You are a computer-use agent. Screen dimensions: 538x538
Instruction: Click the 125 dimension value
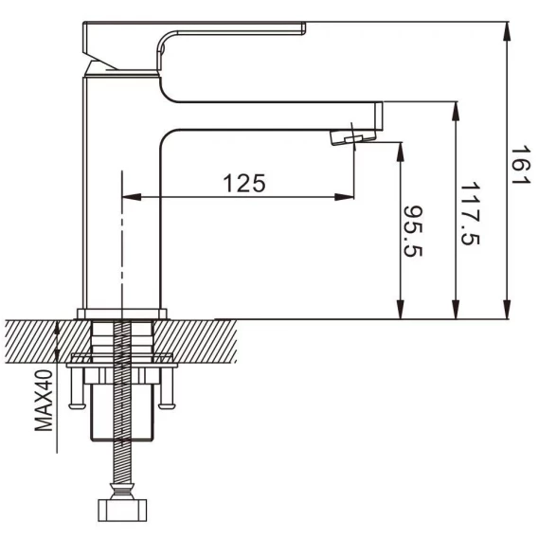click(244, 183)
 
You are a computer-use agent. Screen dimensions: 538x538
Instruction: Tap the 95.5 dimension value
click(412, 231)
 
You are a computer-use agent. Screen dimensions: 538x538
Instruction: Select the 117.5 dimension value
click(470, 214)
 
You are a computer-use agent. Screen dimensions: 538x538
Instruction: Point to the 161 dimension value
click(521, 166)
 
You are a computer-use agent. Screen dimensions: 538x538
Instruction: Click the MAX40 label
click(44, 400)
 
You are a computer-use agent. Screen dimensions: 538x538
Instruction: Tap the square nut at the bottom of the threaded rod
click(122, 510)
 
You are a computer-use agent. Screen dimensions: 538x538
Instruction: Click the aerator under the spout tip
click(353, 137)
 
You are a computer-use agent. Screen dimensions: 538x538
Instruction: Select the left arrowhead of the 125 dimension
click(132, 197)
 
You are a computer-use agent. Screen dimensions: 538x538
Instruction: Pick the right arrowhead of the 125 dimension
click(345, 197)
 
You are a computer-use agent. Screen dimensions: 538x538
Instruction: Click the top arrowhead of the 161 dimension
click(508, 31)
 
